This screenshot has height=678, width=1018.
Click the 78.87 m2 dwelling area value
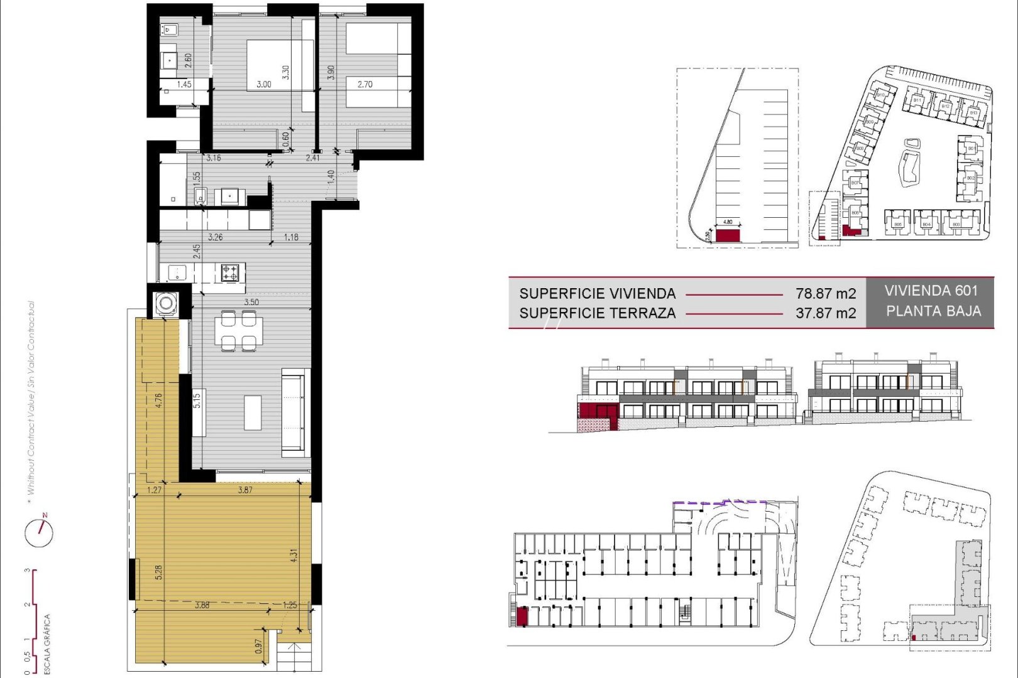point(825,294)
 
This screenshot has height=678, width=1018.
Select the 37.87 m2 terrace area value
point(825,313)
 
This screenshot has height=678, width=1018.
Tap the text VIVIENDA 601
point(931,291)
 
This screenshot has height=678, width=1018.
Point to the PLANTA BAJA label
point(933,311)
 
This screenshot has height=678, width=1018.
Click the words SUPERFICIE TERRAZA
point(597,313)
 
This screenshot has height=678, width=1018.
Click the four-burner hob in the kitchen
point(229,272)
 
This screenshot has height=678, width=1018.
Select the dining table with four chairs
point(238,331)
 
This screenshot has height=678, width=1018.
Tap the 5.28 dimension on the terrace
point(158,572)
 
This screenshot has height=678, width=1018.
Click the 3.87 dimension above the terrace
point(245,490)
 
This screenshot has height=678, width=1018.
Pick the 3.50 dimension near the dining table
point(251,302)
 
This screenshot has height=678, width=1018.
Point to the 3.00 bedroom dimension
point(264,84)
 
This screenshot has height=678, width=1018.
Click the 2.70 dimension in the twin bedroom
point(365,84)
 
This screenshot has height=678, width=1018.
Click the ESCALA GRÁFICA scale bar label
point(47,644)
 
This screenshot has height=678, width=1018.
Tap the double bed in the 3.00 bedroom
point(280,64)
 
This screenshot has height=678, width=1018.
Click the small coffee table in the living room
point(253,412)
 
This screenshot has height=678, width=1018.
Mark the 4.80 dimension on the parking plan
point(728,222)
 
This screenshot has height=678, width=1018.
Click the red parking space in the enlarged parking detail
point(728,235)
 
